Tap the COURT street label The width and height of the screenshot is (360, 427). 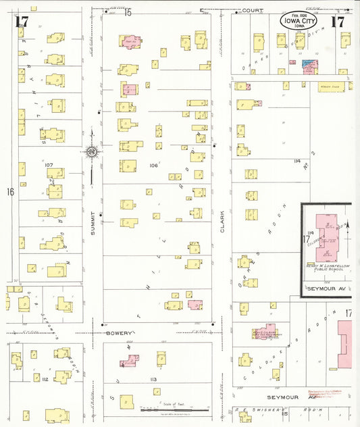click(253, 10)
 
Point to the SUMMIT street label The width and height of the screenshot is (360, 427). click(93, 232)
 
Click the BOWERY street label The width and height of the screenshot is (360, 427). click(118, 333)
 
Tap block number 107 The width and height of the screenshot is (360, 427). click(49, 165)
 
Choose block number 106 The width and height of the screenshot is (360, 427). click(153, 165)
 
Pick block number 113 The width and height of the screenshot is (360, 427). click(155, 380)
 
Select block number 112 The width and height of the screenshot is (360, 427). click(44, 380)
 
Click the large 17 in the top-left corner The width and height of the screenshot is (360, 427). click(22, 21)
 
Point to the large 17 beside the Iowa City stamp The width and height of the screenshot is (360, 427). click(337, 21)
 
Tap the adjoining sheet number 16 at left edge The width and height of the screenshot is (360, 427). click(10, 192)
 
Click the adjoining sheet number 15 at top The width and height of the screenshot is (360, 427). click(128, 12)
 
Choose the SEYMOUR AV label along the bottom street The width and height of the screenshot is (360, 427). click(282, 397)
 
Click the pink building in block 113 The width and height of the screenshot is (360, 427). click(129, 361)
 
